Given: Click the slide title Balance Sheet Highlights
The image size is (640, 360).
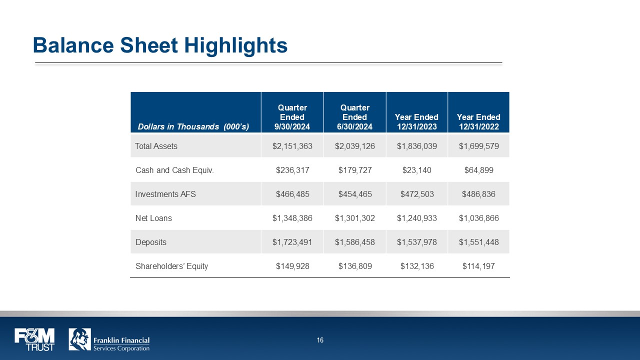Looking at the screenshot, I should [x=160, y=45].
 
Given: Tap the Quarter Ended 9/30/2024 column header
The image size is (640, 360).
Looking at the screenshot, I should [x=292, y=117].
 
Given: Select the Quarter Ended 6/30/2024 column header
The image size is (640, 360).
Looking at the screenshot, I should [x=354, y=117].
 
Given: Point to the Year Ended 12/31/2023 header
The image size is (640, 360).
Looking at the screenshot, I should [x=416, y=122].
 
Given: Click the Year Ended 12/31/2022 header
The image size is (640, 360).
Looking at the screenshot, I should [x=478, y=122].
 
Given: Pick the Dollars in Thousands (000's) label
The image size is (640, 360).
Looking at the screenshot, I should [x=193, y=127].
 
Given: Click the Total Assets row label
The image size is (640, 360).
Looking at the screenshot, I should [x=156, y=146].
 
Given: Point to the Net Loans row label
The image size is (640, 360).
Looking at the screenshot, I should [x=153, y=218].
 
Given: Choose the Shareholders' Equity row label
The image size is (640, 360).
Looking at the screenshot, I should [x=171, y=266].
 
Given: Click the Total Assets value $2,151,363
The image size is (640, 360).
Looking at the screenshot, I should [x=292, y=146].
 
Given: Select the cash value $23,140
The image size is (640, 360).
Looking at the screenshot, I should [x=416, y=170].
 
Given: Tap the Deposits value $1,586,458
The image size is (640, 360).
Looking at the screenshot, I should [x=354, y=242].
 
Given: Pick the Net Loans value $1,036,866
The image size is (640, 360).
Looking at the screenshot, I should [x=478, y=218].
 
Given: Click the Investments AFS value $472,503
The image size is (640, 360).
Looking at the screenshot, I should [x=416, y=194].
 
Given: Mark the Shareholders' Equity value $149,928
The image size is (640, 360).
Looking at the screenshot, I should [x=292, y=266].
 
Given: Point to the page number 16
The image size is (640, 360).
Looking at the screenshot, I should [x=320, y=340].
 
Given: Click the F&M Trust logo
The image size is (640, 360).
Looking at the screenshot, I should [x=34, y=339].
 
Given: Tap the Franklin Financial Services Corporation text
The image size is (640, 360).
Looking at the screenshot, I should [x=121, y=344].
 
